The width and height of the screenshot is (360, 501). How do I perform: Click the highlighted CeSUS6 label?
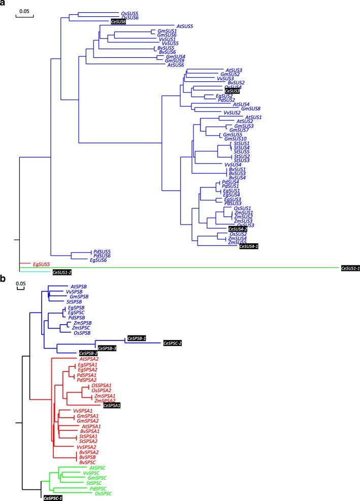[118, 21]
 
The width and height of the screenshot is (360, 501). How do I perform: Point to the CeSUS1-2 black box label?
[62, 272]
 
